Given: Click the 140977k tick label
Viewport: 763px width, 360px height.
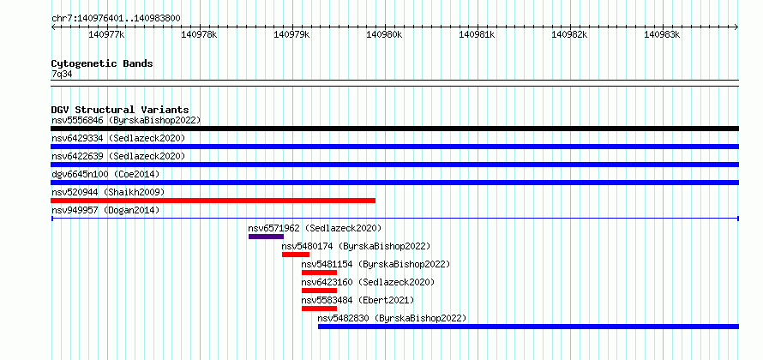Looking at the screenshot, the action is click(x=106, y=34).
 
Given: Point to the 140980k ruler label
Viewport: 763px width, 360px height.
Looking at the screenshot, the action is click(x=384, y=34).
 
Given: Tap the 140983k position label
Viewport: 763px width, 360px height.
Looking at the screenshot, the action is click(x=662, y=34).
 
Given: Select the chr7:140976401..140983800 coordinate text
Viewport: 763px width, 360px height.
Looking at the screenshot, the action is click(x=116, y=19).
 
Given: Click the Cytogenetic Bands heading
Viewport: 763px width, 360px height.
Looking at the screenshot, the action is click(x=102, y=63).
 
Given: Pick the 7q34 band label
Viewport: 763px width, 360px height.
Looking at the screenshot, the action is click(x=62, y=75).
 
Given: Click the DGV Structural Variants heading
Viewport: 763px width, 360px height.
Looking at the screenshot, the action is click(x=120, y=110).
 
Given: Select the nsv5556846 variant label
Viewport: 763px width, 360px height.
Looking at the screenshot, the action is click(x=77, y=120).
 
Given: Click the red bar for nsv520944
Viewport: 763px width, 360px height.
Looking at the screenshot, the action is click(x=213, y=201).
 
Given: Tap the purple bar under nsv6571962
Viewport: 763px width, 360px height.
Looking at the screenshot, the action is click(x=266, y=237).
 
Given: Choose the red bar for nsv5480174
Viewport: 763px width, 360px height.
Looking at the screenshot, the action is click(x=296, y=255).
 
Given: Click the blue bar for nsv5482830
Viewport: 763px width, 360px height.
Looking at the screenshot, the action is click(x=528, y=327).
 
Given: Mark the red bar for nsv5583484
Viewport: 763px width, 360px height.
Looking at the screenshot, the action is click(x=319, y=309).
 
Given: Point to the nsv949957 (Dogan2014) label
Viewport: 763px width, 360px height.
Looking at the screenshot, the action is click(x=105, y=210).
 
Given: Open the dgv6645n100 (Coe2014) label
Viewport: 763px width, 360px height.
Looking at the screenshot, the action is click(x=105, y=174).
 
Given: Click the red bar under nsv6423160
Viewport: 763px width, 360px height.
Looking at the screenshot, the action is click(x=319, y=291).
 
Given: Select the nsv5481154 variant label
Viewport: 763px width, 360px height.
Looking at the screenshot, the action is click(x=327, y=264).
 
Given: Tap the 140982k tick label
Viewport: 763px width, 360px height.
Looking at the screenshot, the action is click(x=569, y=34).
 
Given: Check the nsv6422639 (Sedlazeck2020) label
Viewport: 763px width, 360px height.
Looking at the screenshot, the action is click(x=118, y=156).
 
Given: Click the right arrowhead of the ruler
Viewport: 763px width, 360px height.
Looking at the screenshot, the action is click(x=736, y=27).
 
